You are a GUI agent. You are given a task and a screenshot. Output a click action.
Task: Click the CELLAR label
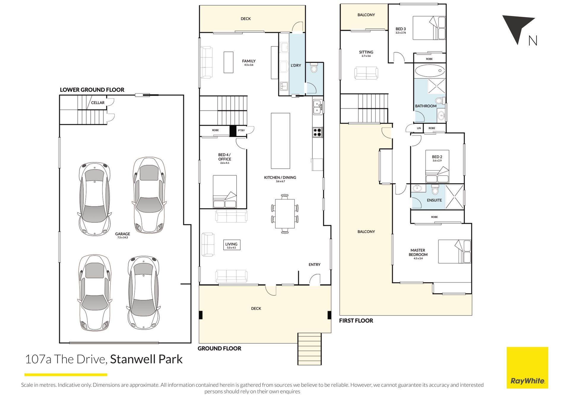click(x=98, y=103)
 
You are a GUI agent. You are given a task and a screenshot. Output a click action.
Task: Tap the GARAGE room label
click(x=123, y=234)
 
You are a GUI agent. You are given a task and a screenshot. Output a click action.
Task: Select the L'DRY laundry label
click(x=296, y=65)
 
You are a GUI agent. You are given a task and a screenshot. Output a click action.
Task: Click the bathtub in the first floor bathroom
click(x=430, y=71)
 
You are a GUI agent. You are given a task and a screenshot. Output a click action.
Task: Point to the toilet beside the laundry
click(x=314, y=69)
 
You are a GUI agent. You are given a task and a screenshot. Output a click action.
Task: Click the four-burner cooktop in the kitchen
click(x=317, y=132)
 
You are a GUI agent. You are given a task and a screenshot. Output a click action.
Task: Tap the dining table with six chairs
click(x=285, y=214)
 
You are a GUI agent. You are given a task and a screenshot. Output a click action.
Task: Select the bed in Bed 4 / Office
click(x=225, y=192)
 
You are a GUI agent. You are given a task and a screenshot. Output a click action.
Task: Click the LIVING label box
click(x=232, y=245)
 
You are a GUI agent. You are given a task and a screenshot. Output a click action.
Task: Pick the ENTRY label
click(x=314, y=265)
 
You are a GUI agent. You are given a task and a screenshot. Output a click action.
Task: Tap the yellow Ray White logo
click(x=527, y=368)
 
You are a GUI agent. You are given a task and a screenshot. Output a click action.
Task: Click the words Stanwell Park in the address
click(x=146, y=359)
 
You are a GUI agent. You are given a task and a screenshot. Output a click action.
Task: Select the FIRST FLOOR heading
click(x=356, y=321)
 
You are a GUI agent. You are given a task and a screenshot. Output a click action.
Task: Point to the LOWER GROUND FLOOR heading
click(x=92, y=90)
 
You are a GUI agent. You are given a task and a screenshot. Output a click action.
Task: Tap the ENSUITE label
click(x=434, y=200)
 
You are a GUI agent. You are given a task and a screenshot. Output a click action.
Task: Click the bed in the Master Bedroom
click(x=455, y=252)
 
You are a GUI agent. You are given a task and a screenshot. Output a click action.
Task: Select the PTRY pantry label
click(x=241, y=130)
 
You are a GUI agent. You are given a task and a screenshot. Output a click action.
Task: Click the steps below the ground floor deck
click(x=310, y=349)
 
